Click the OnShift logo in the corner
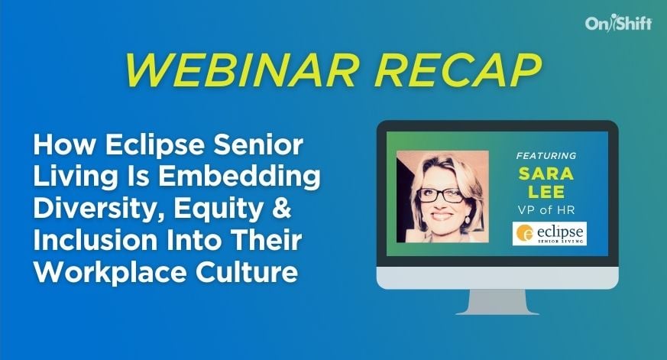[x=618, y=24]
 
